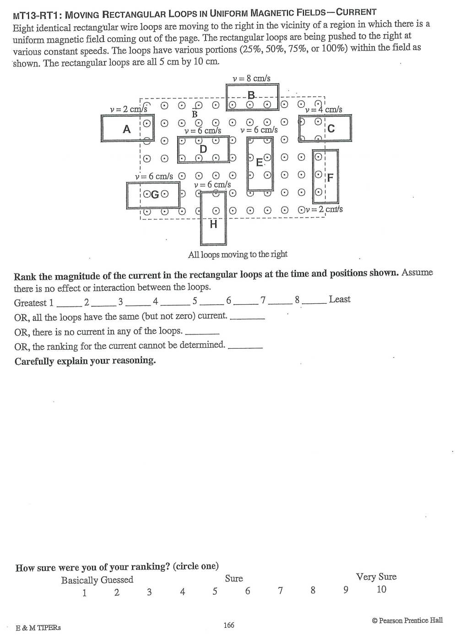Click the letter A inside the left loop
[x=127, y=129]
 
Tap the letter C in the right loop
[x=331, y=129]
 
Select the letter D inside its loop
[x=203, y=149]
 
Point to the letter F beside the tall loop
[x=330, y=178]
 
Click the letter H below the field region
[x=213, y=224]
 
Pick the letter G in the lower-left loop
[x=155, y=195]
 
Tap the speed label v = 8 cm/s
[x=251, y=78]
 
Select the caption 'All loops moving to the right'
[x=238, y=254]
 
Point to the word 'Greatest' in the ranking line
[x=30, y=303]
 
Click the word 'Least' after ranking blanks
[x=340, y=299]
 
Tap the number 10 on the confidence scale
[x=381, y=589]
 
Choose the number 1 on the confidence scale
[x=85, y=593]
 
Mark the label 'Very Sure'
[x=376, y=577]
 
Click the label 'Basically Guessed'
[x=97, y=580]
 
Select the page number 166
[x=229, y=625]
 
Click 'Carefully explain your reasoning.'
[x=85, y=361]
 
